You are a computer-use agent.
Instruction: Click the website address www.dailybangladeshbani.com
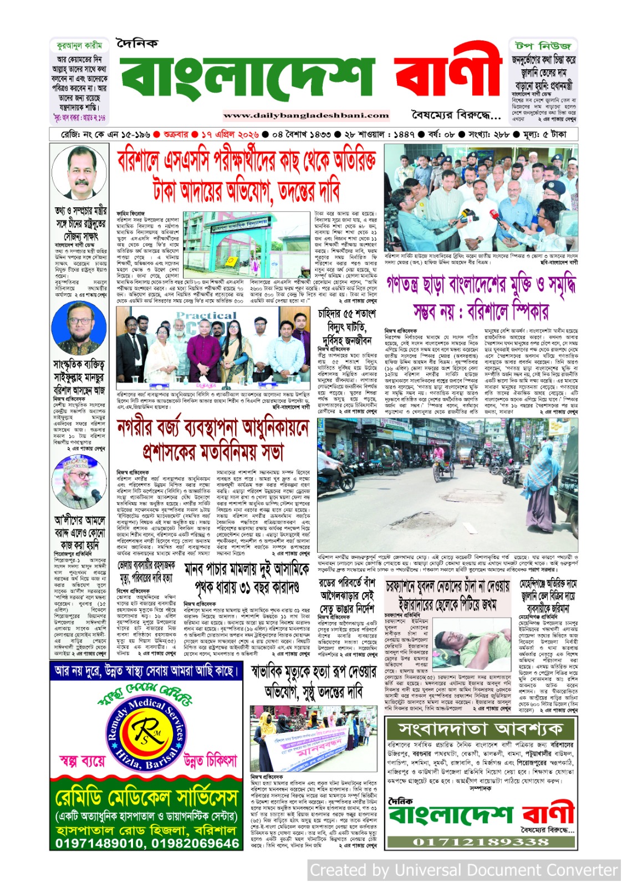point(306,115)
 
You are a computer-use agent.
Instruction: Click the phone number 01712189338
point(480,842)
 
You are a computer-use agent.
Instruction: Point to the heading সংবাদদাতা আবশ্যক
point(480,728)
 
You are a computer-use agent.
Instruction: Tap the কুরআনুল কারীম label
point(79,45)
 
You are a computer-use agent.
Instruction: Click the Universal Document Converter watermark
point(463,870)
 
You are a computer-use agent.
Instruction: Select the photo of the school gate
point(247,242)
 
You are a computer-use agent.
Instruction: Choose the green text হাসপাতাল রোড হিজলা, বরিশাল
point(146,830)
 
